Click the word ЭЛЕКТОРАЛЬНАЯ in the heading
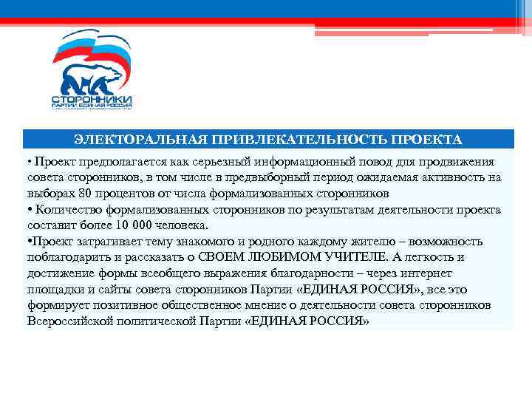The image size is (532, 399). click(x=140, y=140)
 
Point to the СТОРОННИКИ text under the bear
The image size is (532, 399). click(x=92, y=98)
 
